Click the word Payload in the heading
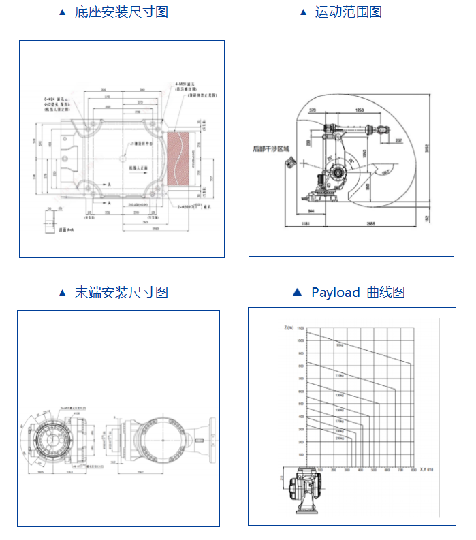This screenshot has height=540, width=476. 335,293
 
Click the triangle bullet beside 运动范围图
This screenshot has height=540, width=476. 304,12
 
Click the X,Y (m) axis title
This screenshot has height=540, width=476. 427,469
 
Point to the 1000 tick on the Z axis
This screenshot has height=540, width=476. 300,340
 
